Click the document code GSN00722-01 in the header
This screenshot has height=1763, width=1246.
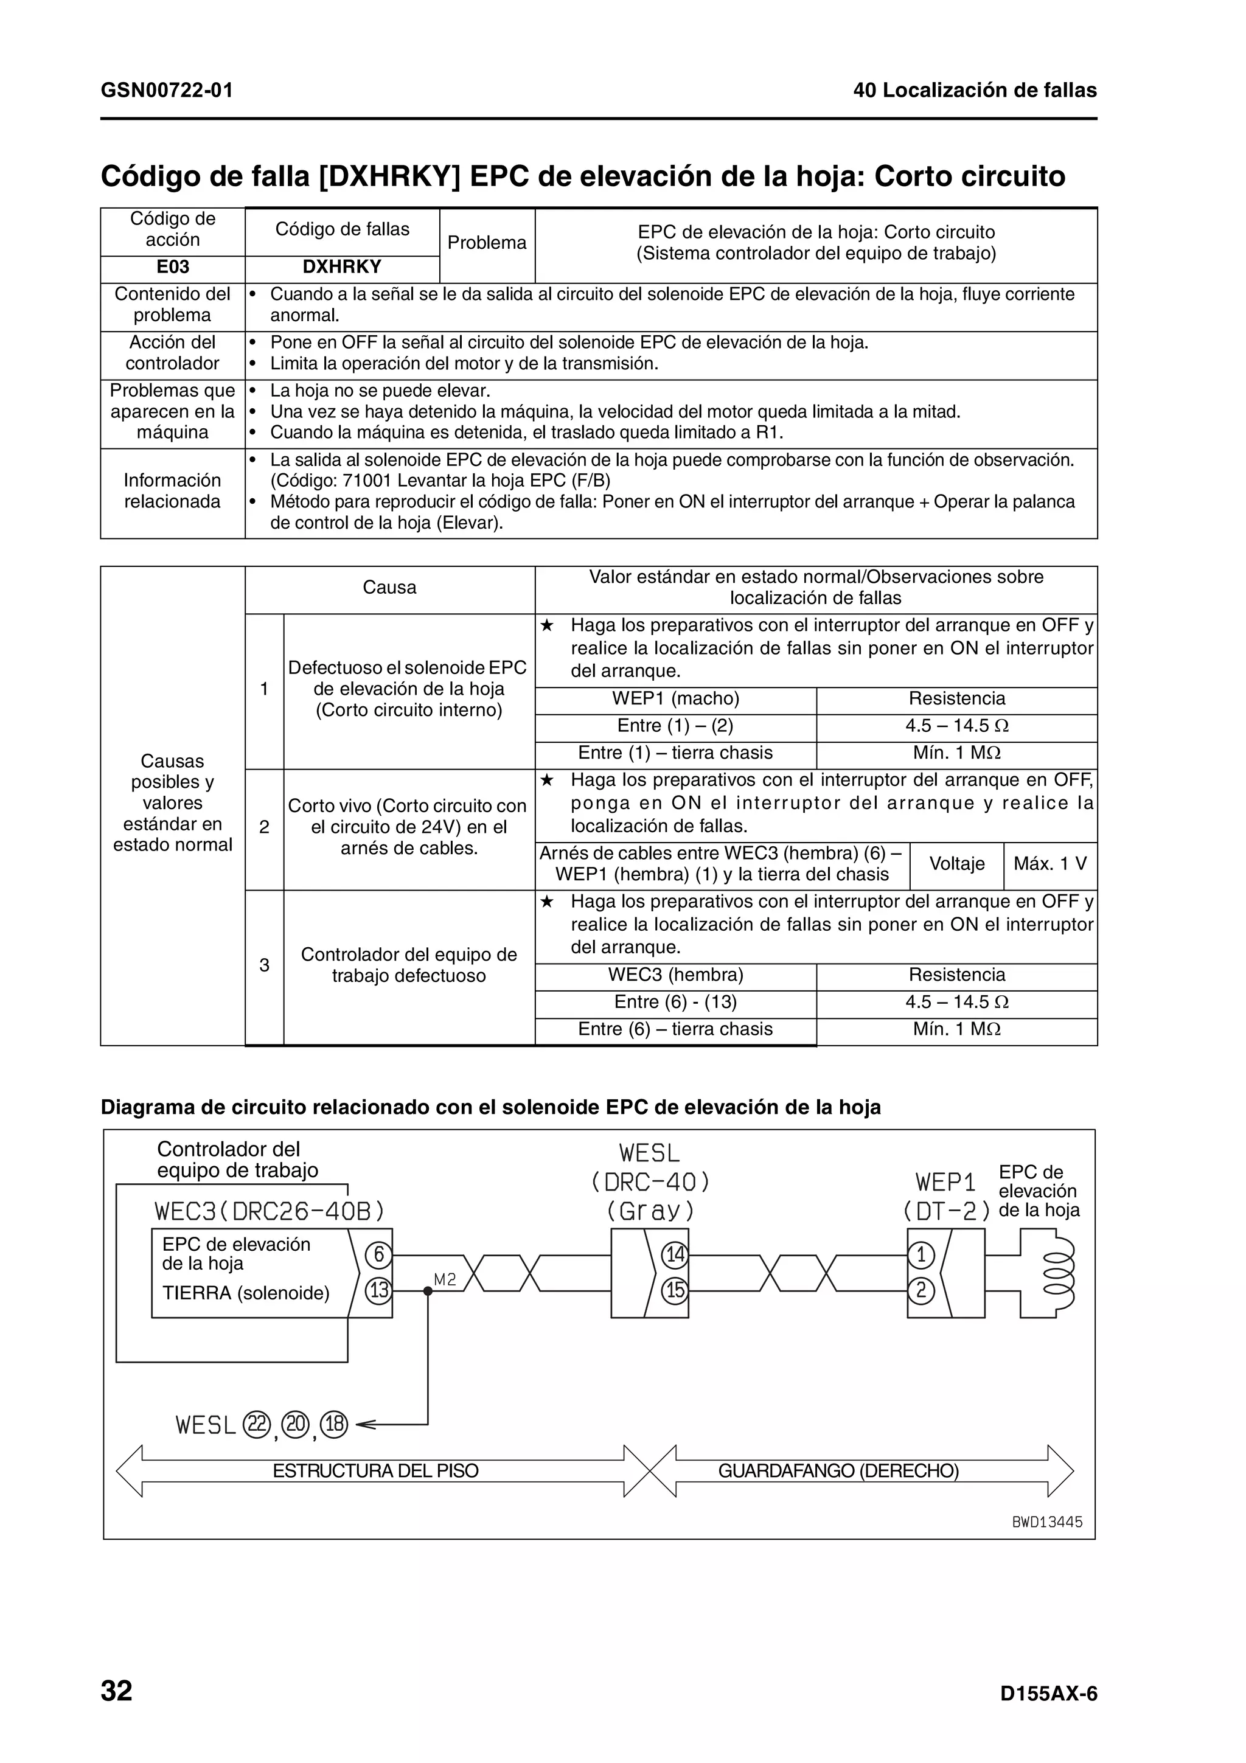coord(167,91)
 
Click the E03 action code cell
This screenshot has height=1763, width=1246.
coord(173,267)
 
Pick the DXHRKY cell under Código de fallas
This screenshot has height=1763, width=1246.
coord(342,267)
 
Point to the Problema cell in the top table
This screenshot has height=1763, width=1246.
coord(487,243)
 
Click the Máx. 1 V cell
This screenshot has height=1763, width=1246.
coord(1049,864)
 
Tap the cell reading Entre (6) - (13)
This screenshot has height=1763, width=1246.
coord(675,1002)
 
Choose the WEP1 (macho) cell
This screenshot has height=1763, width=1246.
coord(675,699)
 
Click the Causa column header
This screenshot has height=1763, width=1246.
coord(389,588)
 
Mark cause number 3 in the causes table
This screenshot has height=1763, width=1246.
coord(264,965)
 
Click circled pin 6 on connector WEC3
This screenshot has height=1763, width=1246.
coord(378,1256)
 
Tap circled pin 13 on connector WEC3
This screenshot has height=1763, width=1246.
coord(378,1291)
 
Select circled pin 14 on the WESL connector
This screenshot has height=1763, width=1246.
coord(675,1256)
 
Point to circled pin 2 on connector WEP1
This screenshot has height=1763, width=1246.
coord(921,1291)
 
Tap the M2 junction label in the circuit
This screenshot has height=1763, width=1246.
coord(445,1279)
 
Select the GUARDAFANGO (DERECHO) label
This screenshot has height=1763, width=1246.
coord(838,1471)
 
